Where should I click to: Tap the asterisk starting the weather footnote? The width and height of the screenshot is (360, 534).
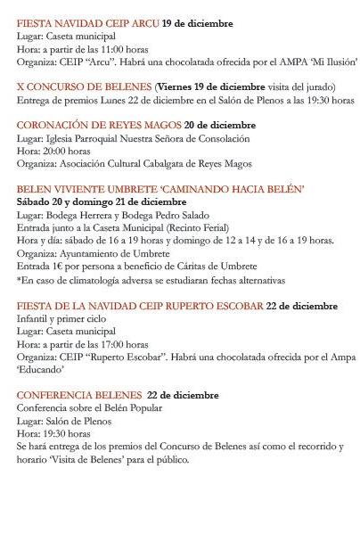tap(19, 280)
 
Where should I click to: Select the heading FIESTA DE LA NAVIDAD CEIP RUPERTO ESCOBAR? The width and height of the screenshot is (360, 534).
tap(140, 306)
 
